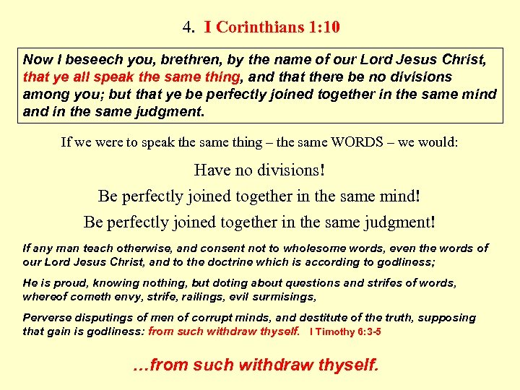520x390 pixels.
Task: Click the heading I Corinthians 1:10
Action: [x=272, y=28]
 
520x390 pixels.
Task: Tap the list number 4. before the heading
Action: [x=188, y=28]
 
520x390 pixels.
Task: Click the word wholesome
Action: [x=287, y=248]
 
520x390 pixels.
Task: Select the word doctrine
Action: [x=218, y=261]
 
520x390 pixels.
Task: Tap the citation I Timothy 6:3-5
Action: [x=345, y=331]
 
